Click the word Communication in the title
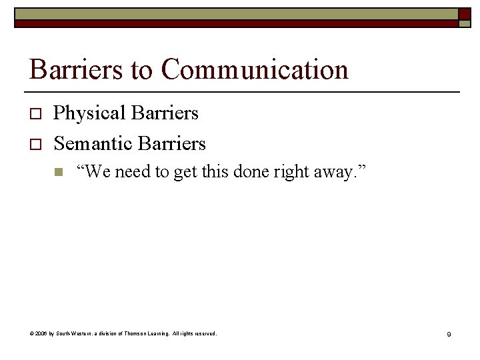coord(255,70)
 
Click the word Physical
coord(89,114)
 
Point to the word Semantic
coord(91,143)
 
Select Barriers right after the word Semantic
coord(171,143)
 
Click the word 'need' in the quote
coord(133,173)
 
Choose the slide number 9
coord(449,334)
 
